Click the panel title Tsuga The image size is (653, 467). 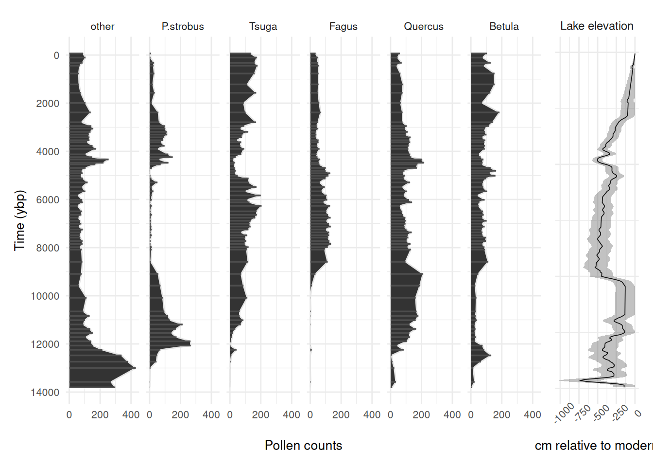pyautogui.click(x=263, y=26)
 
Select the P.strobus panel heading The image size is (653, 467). pyautogui.click(x=183, y=26)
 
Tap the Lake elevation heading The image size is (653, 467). pyautogui.click(x=597, y=26)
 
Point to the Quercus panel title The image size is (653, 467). pyautogui.click(x=424, y=26)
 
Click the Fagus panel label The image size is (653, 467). pyautogui.click(x=343, y=26)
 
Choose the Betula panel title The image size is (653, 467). pyautogui.click(x=504, y=26)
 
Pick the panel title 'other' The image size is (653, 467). pyautogui.click(x=103, y=26)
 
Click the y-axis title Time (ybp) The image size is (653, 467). pyautogui.click(x=19, y=220)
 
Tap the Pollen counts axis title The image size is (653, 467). pyautogui.click(x=303, y=445)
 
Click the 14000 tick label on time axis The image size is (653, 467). pyautogui.click(x=45, y=392)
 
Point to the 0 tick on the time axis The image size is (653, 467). pyautogui.click(x=56, y=55)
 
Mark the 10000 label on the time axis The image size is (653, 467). pyautogui.click(x=45, y=296)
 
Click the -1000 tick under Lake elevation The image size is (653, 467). pyautogui.click(x=565, y=413)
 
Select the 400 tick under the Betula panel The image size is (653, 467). pyautogui.click(x=533, y=414)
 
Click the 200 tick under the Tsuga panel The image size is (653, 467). pyautogui.click(x=260, y=414)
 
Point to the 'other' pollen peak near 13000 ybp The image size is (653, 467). pyautogui.click(x=135, y=368)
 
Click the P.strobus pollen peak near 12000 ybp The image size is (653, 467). pyautogui.click(x=190, y=344)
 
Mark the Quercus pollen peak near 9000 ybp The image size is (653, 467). pyautogui.click(x=422, y=274)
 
